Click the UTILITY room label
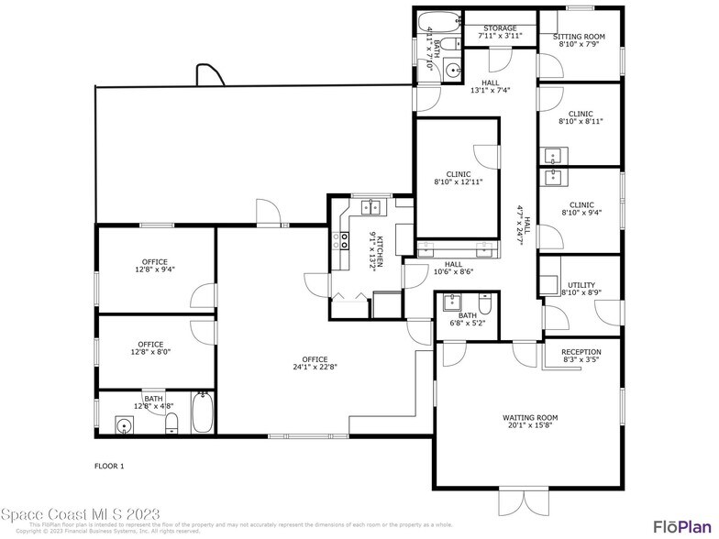pyautogui.click(x=581, y=289)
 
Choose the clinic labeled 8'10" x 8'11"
pyautogui.click(x=581, y=120)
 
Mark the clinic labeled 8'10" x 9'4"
pyautogui.click(x=581, y=210)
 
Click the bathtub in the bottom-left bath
pyautogui.click(x=203, y=413)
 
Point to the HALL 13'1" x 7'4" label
pyautogui.click(x=490, y=86)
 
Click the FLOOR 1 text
pyautogui.click(x=109, y=467)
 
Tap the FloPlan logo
pyautogui.click(x=683, y=525)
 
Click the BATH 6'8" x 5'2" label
pyautogui.click(x=468, y=319)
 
